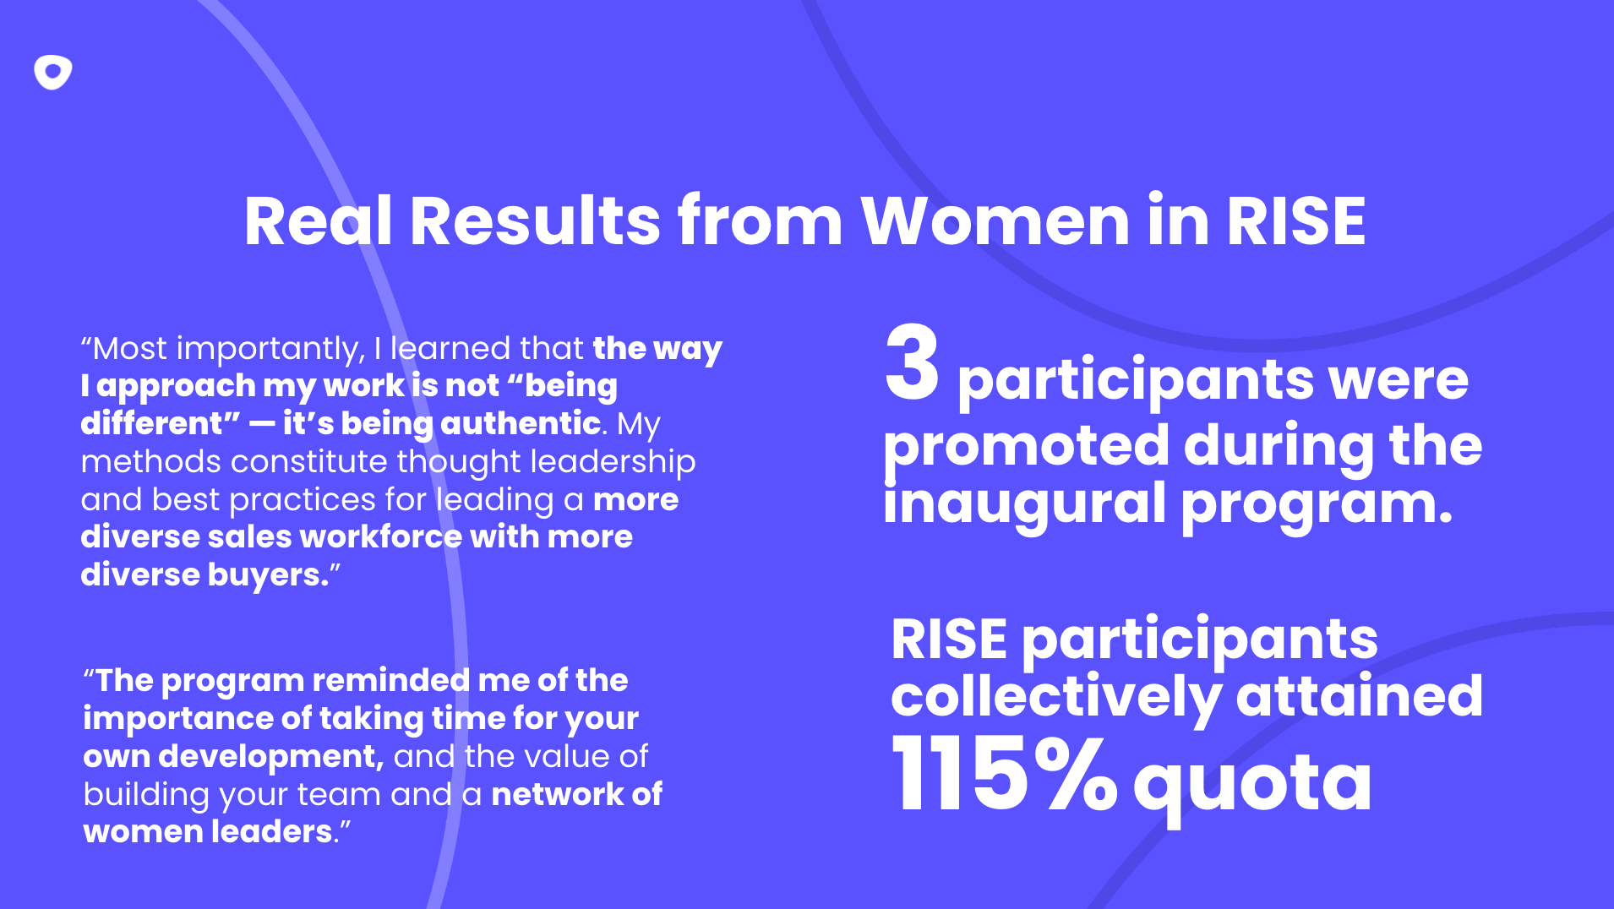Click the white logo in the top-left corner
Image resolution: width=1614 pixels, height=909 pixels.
point(52,73)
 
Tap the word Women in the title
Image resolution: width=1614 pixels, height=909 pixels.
point(995,221)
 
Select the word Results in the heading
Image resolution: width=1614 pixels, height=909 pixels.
point(535,221)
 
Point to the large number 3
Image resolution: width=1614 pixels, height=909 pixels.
point(912,364)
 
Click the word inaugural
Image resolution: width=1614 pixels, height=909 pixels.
point(1023,503)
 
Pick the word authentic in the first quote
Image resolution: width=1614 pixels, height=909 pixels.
point(521,423)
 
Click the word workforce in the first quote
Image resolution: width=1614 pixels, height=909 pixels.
point(380,536)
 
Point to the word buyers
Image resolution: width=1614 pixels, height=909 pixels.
point(268,575)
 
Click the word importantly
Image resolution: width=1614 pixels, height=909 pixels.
point(270,349)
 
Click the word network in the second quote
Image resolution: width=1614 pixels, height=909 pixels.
point(557,794)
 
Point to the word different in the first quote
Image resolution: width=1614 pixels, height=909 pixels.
point(159,423)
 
